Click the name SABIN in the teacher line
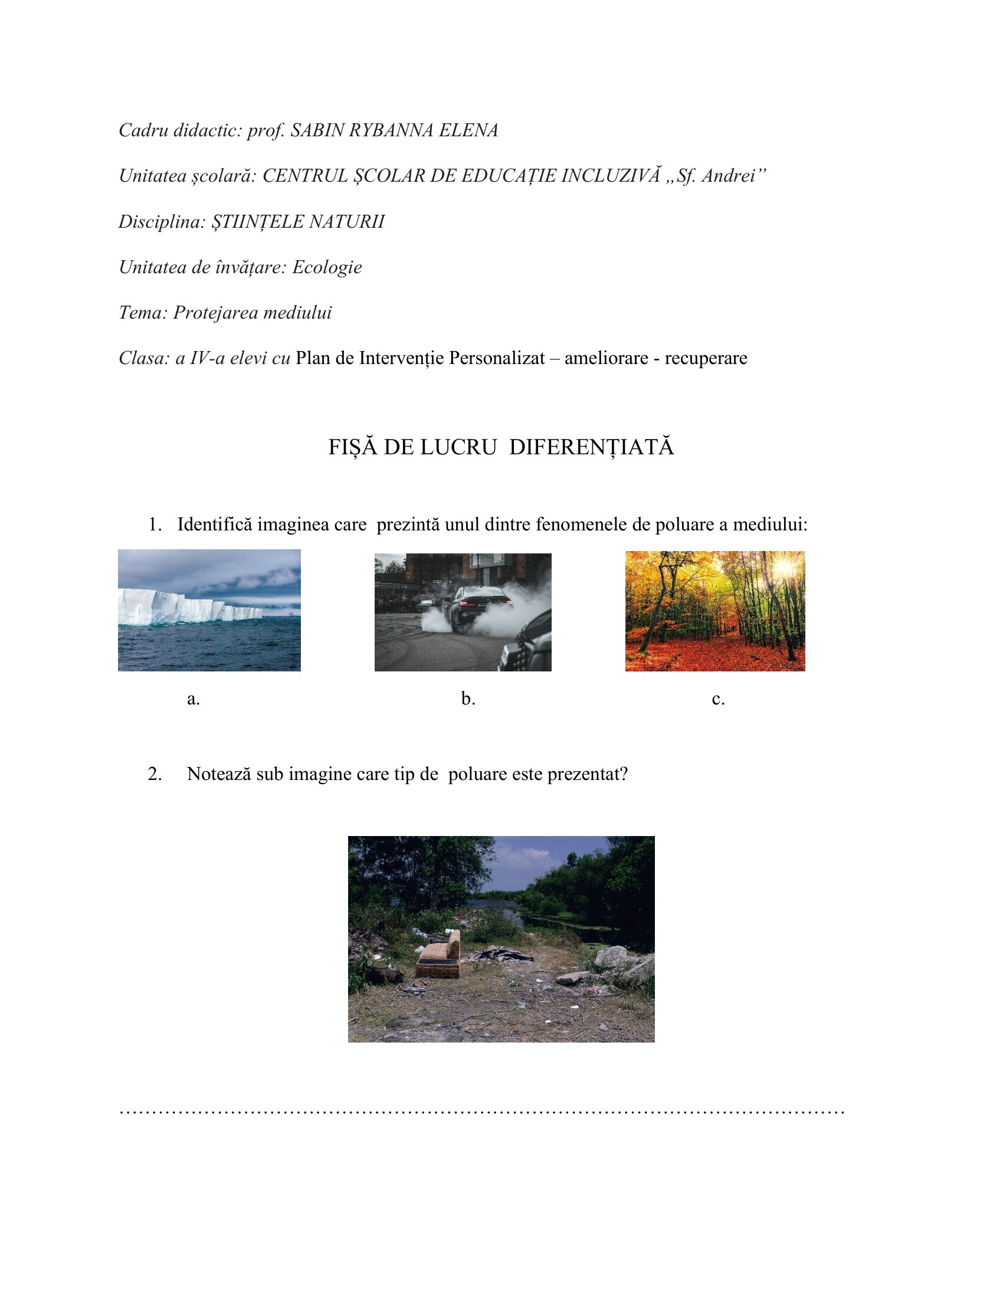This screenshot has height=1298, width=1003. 317,130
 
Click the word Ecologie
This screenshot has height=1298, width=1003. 327,267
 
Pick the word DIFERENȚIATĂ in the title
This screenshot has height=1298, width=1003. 591,448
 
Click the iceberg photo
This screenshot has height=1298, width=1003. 209,611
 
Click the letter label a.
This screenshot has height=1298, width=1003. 193,699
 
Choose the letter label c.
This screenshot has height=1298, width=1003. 718,699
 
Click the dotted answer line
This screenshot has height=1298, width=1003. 481,1111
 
